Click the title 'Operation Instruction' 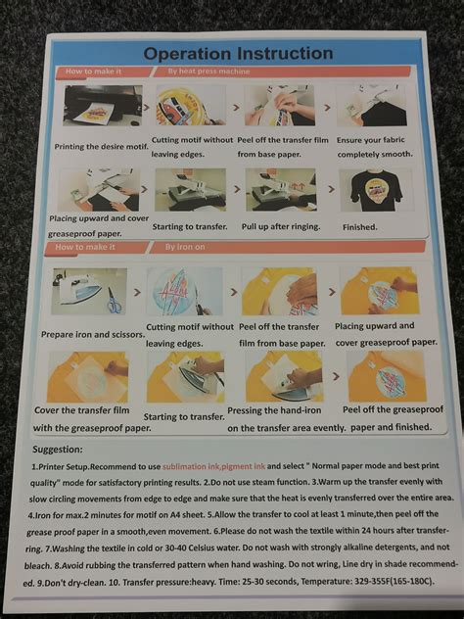coord(238,54)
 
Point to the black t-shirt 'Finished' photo coord(370,189)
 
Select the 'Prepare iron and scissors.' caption coord(91,333)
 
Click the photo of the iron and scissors coord(89,291)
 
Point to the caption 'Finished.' coord(360,226)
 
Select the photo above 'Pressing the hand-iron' coord(285,376)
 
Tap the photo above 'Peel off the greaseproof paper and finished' coord(386,376)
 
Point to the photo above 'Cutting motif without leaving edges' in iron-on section coord(185,291)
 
